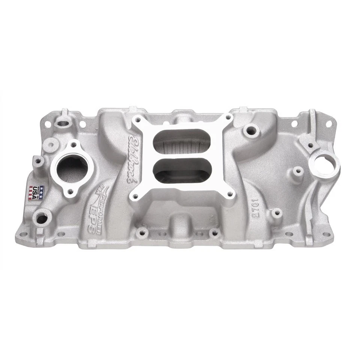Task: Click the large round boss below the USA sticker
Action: pyautogui.click(x=42, y=218)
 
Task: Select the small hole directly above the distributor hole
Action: pyautogui.click(x=311, y=145)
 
